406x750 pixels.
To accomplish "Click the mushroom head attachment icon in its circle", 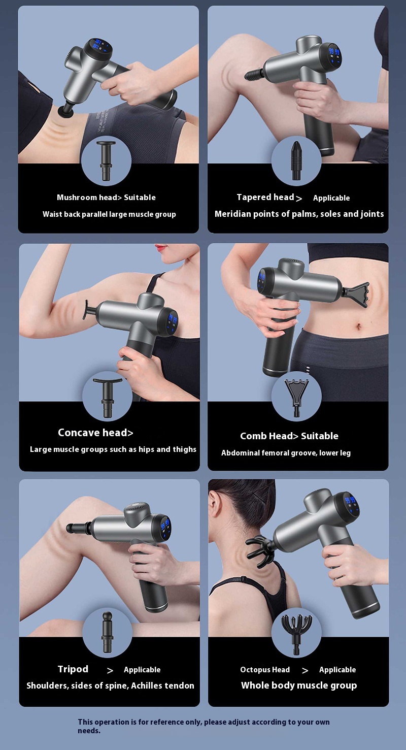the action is coord(106,161).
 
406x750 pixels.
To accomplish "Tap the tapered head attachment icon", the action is coord(296,160).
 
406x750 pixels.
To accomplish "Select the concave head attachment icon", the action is coord(108,398).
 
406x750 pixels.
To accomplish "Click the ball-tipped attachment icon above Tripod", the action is coord(107,632).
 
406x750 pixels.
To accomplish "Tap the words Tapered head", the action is coord(265,197).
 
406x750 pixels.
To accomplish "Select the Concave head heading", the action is coord(95,433).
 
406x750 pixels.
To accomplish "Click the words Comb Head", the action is coord(266,436).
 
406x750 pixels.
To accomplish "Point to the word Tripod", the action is coord(73,669).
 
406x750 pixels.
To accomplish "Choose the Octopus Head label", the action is coord(265,669).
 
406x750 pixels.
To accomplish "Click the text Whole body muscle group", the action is coord(299,686).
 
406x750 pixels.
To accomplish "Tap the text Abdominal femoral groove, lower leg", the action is coord(286,452).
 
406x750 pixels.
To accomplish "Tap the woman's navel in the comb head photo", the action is coord(359,326).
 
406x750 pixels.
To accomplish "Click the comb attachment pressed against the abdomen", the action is coord(355,293).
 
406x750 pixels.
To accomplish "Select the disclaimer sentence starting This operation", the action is coord(204,726).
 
